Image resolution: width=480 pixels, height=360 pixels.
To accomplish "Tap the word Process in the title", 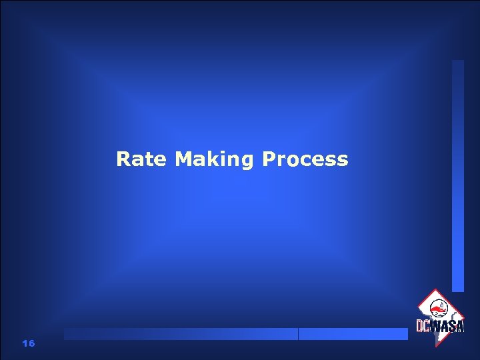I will (305, 159).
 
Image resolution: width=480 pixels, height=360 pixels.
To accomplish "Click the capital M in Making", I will (183, 159).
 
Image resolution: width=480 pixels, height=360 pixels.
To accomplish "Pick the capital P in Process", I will (269, 159).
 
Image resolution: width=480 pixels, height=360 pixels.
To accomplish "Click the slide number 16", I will (28, 343).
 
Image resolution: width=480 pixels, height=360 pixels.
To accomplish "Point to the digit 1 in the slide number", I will (25, 343).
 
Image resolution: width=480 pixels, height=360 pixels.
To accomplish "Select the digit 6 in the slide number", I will (31, 343).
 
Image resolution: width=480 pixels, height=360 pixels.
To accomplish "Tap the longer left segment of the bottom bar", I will (180, 334).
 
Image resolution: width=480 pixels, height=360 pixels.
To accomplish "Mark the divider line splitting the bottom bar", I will (298, 334).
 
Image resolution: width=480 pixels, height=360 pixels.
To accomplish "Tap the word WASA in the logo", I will (447, 326).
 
